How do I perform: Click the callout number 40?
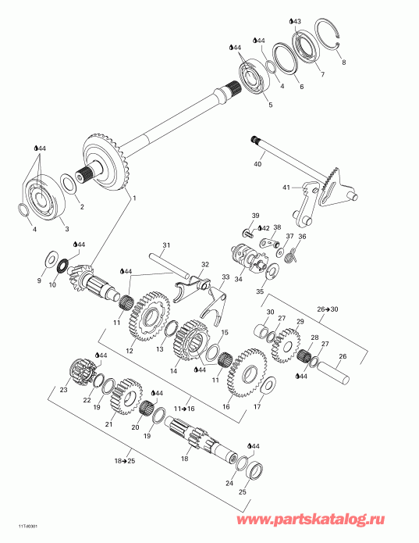coord(257,164)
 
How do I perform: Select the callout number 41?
coord(286,188)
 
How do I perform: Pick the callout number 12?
coord(130,351)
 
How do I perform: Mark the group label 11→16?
coord(186,407)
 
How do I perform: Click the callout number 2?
coord(81,207)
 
